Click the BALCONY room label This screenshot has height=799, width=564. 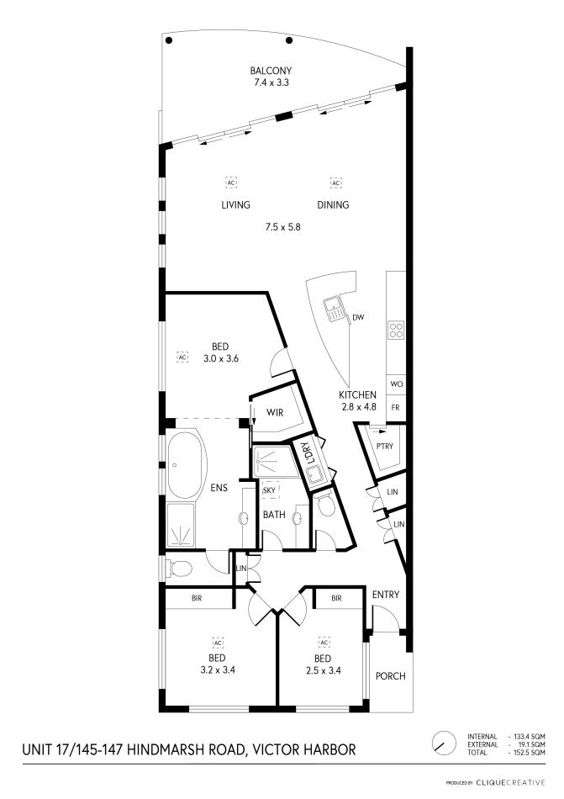(x=271, y=71)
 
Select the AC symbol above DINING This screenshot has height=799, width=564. (x=335, y=183)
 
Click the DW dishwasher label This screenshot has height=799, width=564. (x=358, y=317)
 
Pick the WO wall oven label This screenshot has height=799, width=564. (x=395, y=384)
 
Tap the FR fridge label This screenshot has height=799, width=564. (x=395, y=407)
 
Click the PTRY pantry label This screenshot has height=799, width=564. (x=386, y=447)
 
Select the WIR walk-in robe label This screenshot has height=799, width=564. (x=273, y=413)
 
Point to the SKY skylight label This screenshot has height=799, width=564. (x=269, y=489)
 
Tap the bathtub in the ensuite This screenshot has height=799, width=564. (x=186, y=465)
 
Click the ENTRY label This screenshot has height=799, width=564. (x=385, y=595)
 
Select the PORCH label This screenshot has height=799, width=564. (x=390, y=675)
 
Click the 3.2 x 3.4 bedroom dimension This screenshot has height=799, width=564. (x=216, y=670)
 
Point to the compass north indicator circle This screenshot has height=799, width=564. (x=440, y=743)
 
